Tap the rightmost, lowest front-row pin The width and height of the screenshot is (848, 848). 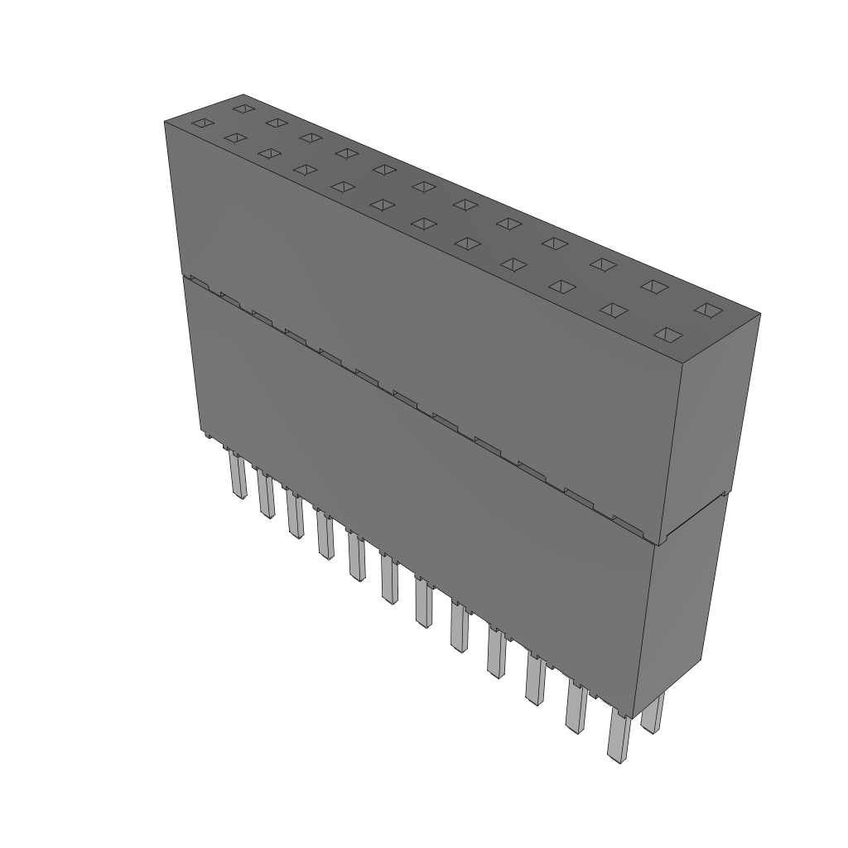(617, 735)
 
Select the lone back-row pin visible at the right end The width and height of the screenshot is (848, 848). (653, 714)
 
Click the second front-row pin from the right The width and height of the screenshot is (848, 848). (576, 706)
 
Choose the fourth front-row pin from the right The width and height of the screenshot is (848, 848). (496, 653)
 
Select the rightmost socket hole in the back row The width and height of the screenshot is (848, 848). (708, 310)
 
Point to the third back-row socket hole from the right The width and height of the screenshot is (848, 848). (603, 264)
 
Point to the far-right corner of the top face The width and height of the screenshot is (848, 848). (759, 314)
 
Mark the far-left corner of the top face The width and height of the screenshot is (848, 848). (165, 122)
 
